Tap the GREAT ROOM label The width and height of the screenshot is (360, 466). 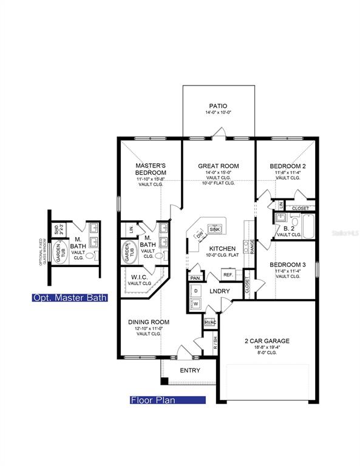(219, 166)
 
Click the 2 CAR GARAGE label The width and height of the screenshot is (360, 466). (267, 341)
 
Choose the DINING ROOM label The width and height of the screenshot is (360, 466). (148, 322)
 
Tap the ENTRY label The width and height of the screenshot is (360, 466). (190, 370)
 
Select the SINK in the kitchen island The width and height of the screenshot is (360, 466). (214, 229)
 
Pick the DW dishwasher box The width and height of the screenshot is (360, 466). (199, 235)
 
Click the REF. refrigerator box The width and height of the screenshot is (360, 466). (228, 275)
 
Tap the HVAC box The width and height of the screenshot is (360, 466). (210, 323)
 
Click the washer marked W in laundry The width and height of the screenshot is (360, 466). (196, 303)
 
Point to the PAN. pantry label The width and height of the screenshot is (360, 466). (195, 277)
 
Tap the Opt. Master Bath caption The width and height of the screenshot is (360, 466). (70, 298)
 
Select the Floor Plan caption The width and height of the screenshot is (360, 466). (168, 400)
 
